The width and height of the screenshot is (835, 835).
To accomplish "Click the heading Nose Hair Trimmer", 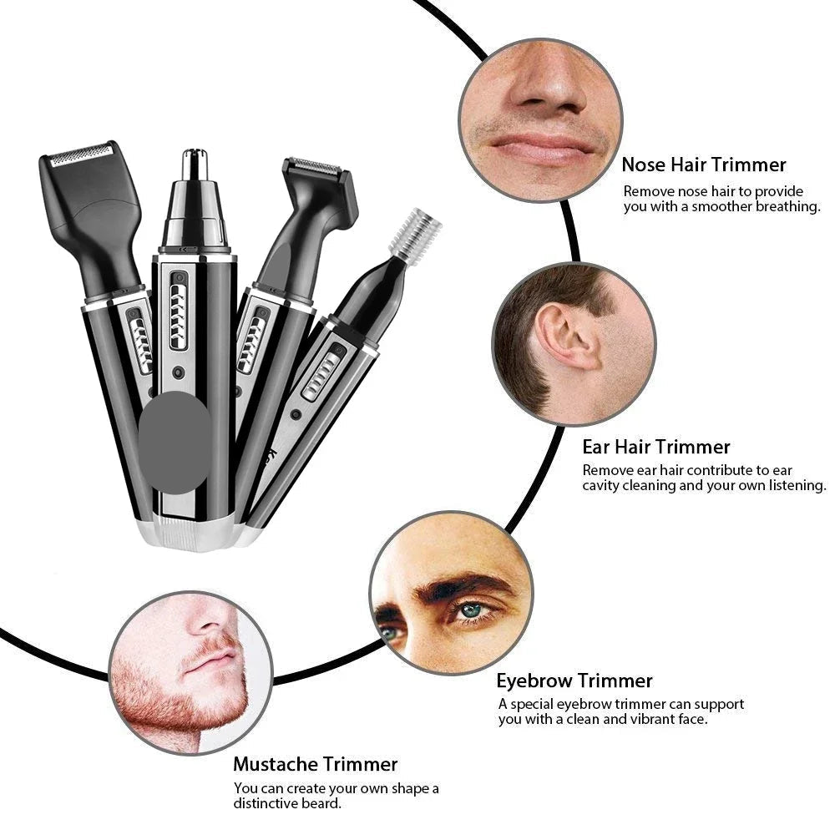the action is [x=703, y=164].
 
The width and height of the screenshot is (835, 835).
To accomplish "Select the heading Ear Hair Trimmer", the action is [x=656, y=447].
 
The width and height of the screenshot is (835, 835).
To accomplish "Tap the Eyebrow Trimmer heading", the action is [x=574, y=681].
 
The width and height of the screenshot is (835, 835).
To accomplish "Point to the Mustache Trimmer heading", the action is [x=316, y=764].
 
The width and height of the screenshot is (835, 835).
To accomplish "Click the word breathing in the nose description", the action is [x=788, y=206].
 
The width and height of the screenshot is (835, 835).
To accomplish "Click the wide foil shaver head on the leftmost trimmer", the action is [x=81, y=154].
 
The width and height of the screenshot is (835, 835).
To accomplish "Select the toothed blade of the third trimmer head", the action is [x=315, y=167].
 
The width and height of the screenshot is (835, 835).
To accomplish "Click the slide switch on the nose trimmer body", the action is [x=179, y=311].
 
